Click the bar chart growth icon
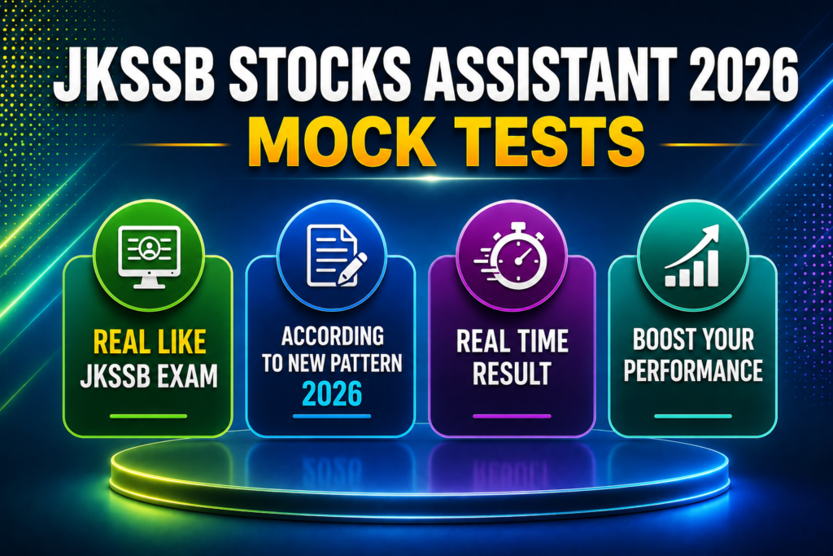(692, 256)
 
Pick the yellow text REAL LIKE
(150, 342)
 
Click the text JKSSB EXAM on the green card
(149, 376)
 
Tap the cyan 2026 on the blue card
(332, 394)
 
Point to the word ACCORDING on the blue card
(333, 336)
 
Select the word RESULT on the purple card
(512, 373)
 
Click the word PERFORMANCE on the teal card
(693, 370)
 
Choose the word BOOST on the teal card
(662, 339)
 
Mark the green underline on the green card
(149, 416)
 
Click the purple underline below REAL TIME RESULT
(512, 416)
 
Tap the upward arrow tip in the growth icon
(717, 225)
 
